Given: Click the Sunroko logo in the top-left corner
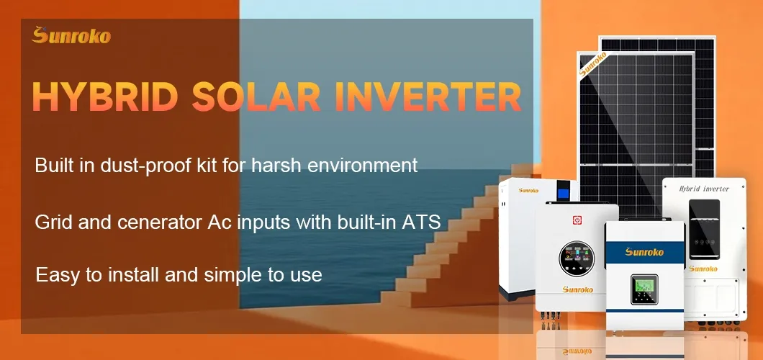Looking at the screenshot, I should pos(71,35).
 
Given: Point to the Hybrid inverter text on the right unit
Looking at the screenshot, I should pos(704,189).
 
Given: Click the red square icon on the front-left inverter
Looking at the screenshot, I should pos(577,217).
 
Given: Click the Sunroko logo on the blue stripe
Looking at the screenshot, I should pos(644,251).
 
